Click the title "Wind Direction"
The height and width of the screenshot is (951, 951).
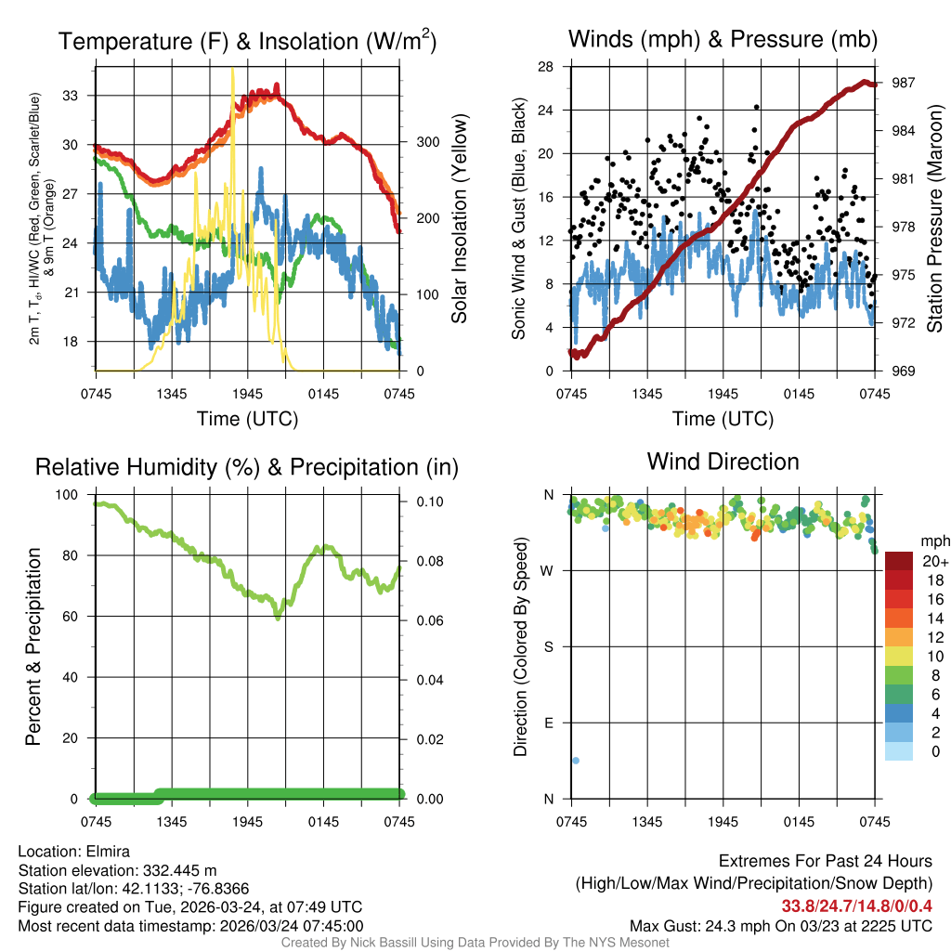723,462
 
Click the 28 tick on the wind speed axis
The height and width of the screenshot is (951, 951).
546,66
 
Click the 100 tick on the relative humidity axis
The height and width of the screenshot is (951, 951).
69,494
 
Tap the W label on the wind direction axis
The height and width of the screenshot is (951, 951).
548,570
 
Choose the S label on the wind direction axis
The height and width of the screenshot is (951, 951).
548,646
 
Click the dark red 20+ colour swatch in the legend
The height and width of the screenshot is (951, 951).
899,561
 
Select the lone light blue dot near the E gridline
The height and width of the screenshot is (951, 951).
576,761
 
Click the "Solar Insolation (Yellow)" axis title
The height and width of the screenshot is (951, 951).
459,218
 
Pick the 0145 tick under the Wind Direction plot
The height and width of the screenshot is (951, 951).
800,821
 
